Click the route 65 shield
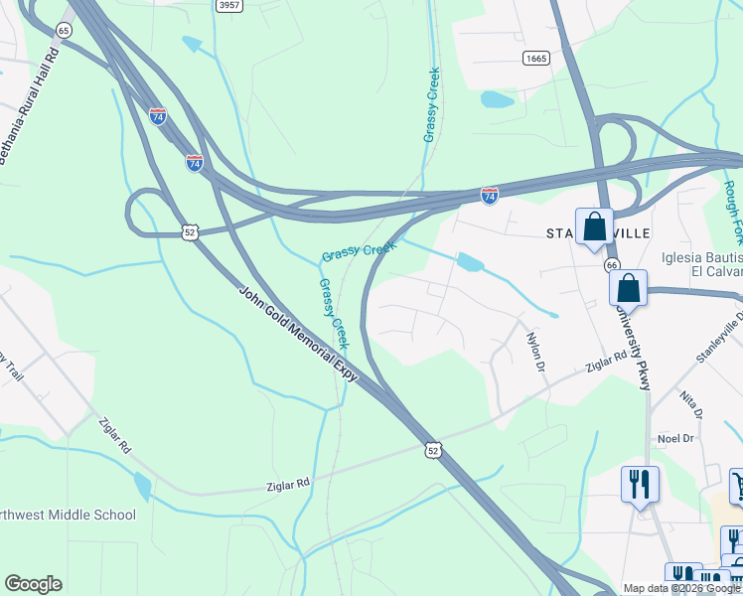tap(65, 31)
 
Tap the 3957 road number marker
tap(229, 6)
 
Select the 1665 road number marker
tap(535, 59)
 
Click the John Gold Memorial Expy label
tap(298, 334)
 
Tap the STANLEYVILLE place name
tap(599, 233)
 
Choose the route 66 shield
tap(612, 265)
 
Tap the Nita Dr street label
tap(690, 404)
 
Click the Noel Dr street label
tap(675, 438)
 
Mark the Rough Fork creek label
tap(732, 214)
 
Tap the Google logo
tap(33, 584)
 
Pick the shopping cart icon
tap(737, 485)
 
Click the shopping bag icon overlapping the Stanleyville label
tap(594, 227)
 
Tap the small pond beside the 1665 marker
tap(494, 99)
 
